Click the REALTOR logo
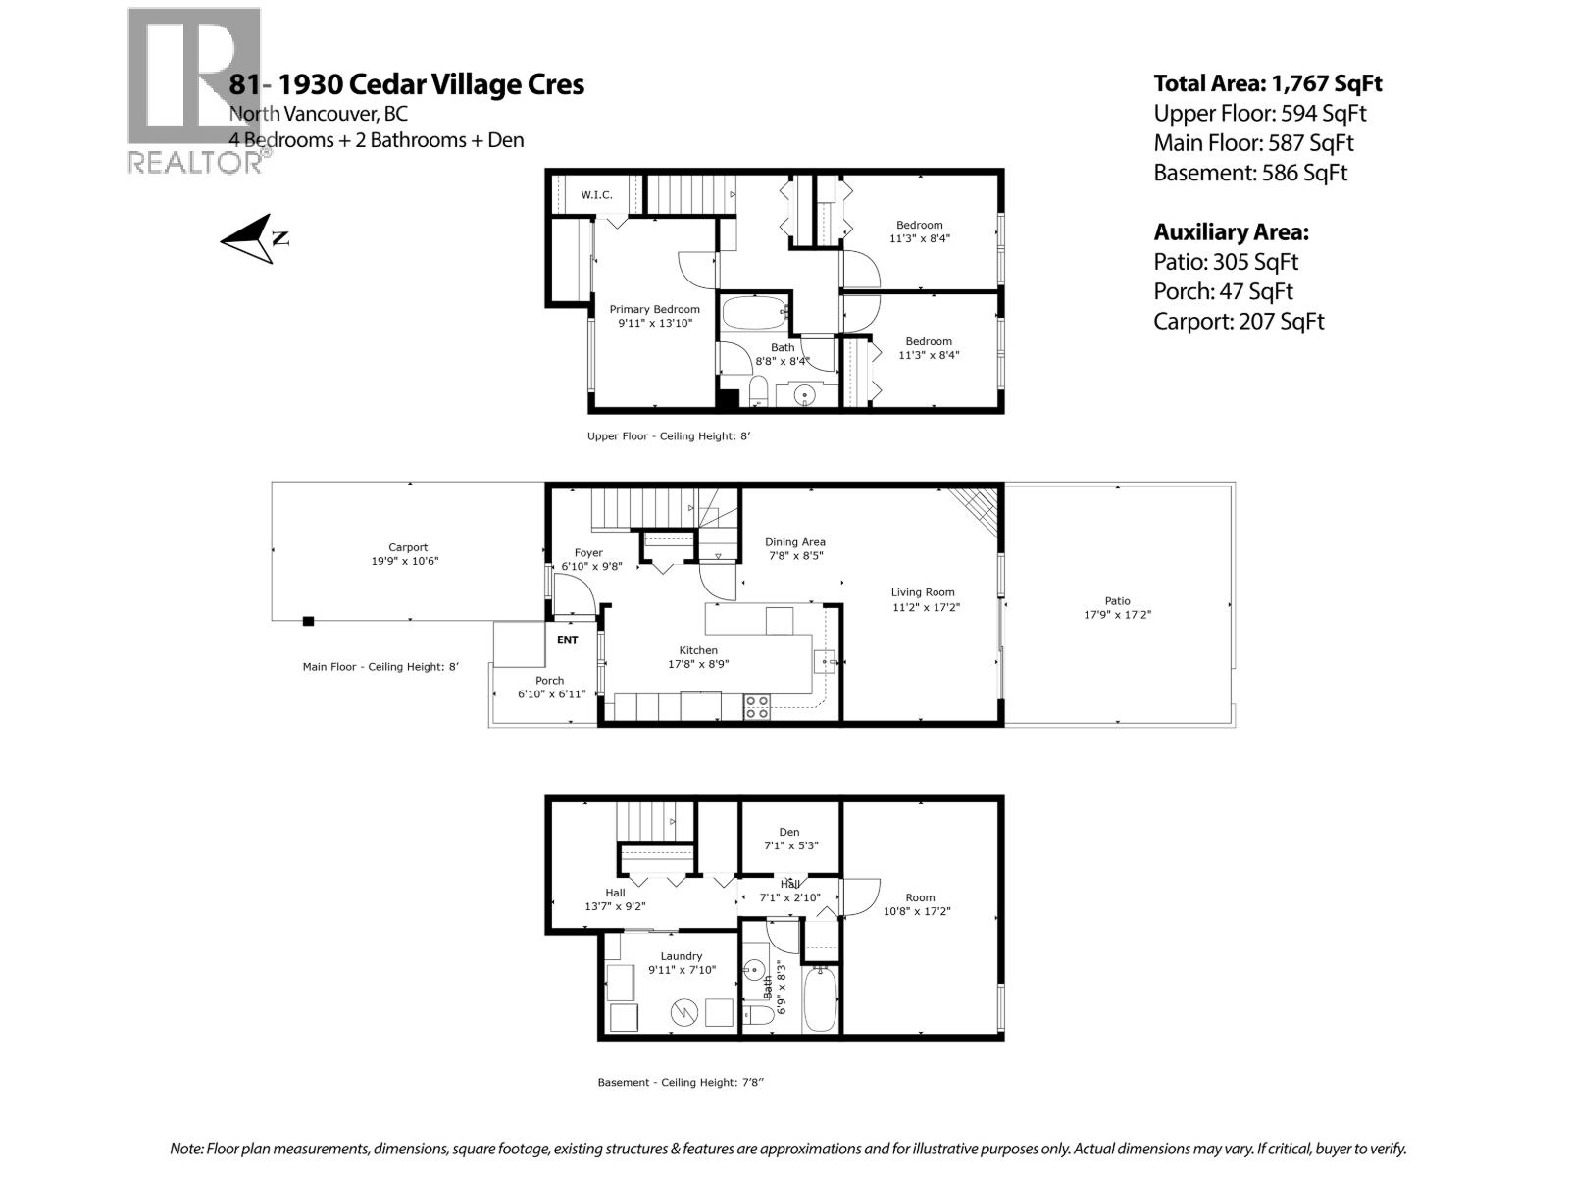coord(194,90)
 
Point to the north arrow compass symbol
coord(253,238)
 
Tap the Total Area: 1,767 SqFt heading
coord(1267,83)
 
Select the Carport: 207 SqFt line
coord(1238,321)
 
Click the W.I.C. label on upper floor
coord(596,195)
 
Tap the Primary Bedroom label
coord(654,316)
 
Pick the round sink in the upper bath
coord(804,396)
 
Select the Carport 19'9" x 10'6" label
coord(407,555)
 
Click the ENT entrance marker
coord(567,640)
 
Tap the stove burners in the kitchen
coord(756,706)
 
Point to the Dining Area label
coord(794,548)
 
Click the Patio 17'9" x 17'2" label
coord(1117,608)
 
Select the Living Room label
coord(923,599)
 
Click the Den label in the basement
coord(789,839)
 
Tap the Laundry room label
coord(681,963)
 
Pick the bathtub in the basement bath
coord(820,998)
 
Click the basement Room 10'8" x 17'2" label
coord(920,904)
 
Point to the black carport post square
coord(308,621)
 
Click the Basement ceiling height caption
coord(680,1083)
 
